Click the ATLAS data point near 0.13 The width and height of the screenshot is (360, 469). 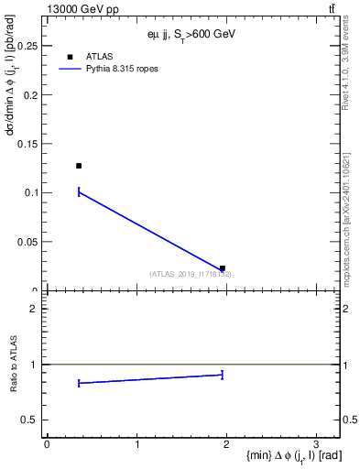pos(79,166)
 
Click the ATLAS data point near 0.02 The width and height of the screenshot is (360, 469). pos(223,268)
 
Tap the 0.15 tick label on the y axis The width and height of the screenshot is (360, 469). pos(31,144)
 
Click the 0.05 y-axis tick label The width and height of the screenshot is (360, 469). pos(31,242)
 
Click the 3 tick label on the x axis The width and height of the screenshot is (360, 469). pos(316,445)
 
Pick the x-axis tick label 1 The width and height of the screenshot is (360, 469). pos(136,445)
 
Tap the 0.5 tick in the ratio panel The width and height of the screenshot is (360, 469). pos(34,420)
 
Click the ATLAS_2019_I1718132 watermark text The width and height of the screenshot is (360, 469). pos(191,274)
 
